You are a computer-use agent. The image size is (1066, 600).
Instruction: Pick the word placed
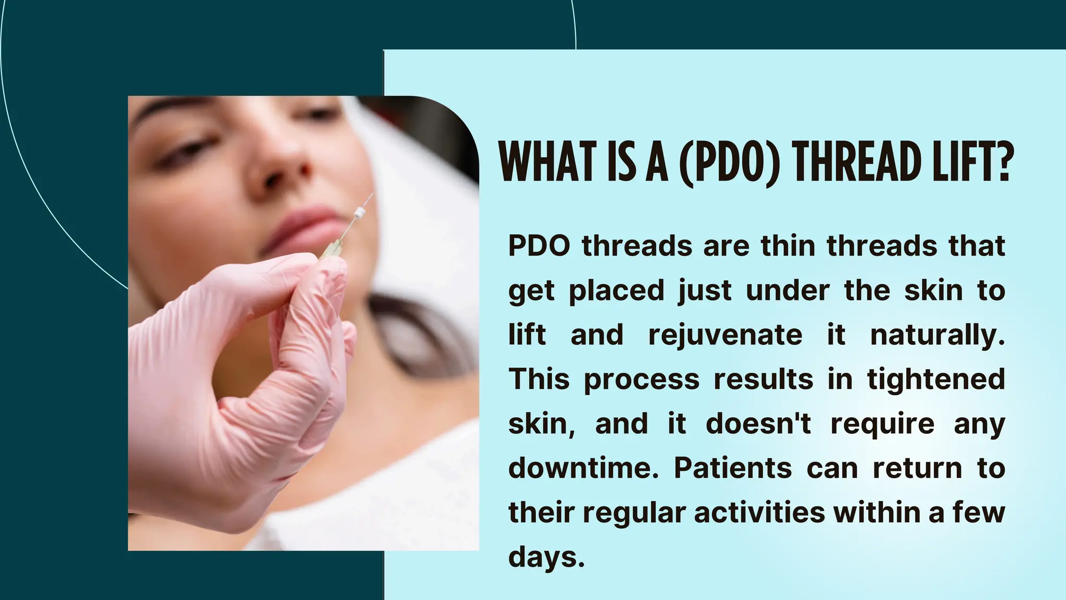click(617, 290)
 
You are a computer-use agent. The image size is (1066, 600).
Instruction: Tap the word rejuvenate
click(725, 334)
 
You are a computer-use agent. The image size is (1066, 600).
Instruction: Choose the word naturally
click(937, 334)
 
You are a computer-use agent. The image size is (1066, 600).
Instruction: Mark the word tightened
click(936, 379)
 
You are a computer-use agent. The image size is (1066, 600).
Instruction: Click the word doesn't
click(758, 423)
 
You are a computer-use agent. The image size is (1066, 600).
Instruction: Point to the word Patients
click(733, 468)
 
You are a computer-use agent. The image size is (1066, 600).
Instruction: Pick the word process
click(641, 379)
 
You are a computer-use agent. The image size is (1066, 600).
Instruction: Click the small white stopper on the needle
click(359, 212)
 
